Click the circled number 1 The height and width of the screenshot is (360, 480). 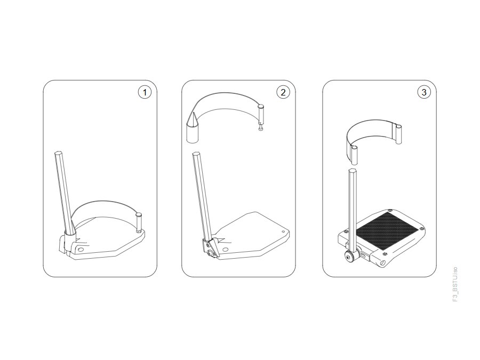[x=145, y=92]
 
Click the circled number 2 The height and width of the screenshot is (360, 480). [x=283, y=92]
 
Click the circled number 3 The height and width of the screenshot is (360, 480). [x=423, y=92]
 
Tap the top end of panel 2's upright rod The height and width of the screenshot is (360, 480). [x=196, y=154]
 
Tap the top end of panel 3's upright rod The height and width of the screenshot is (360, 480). [x=353, y=169]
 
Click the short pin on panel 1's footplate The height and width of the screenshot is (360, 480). [x=139, y=222]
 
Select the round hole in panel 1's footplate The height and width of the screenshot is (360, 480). [x=81, y=250]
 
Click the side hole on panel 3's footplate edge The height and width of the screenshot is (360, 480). [x=383, y=263]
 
